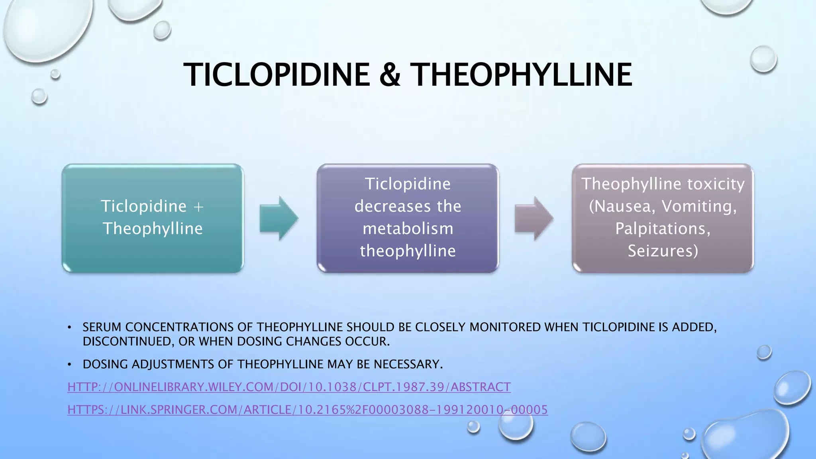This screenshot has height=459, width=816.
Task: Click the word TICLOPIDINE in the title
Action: pos(277,75)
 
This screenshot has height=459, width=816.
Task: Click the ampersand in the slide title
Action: pos(390,75)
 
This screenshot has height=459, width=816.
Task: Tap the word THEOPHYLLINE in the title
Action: pos(521,75)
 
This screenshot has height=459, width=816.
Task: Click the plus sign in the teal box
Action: pos(198,207)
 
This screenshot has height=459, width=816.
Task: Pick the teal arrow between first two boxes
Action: pos(279,218)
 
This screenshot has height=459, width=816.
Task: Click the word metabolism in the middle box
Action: pos(408,229)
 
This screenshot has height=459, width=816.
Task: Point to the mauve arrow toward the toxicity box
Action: pos(534,218)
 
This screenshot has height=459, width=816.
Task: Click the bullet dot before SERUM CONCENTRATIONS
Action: pos(69,328)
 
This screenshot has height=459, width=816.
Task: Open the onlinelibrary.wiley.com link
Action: pos(289,387)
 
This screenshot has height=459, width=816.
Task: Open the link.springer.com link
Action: pos(308,410)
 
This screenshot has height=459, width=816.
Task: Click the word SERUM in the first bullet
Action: pos(102,327)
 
